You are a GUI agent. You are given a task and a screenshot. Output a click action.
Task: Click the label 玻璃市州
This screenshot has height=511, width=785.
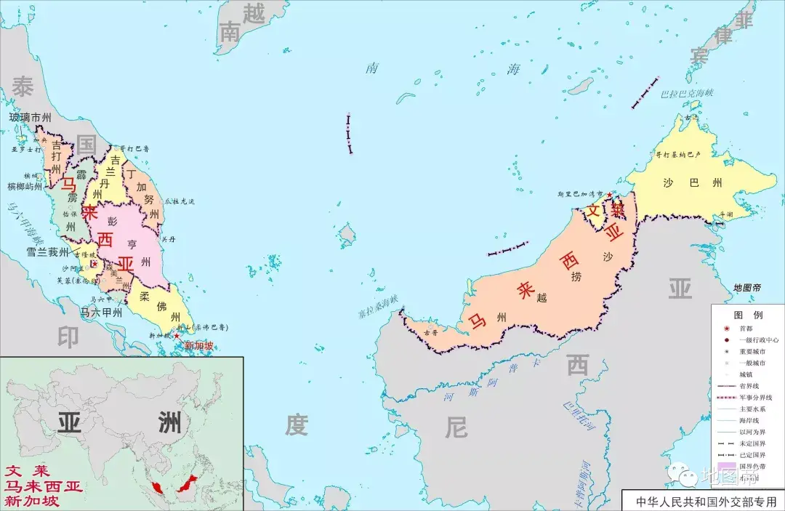point(30,117)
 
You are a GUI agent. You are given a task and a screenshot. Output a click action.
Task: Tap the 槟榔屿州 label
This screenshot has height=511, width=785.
point(25,187)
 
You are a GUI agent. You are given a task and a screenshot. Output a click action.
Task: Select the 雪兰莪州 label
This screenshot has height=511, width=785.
point(48,252)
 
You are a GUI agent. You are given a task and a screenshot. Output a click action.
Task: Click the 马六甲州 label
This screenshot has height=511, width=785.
point(100,313)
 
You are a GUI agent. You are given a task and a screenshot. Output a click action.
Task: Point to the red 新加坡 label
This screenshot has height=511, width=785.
point(198,346)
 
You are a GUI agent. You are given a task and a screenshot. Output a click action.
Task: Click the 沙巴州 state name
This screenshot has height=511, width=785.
point(693,182)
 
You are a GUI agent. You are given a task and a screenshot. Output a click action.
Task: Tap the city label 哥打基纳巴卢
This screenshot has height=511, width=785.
point(677,155)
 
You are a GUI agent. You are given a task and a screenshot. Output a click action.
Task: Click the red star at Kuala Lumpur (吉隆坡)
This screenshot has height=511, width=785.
point(93,264)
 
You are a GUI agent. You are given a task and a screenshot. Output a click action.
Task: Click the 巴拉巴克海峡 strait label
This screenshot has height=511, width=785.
point(687,94)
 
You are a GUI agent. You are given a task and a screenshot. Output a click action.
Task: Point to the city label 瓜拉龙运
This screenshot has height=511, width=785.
point(180,201)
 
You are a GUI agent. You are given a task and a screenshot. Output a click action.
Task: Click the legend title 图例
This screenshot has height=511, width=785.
point(748,315)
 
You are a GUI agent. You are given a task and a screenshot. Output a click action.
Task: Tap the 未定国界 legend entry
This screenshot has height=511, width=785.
point(751,443)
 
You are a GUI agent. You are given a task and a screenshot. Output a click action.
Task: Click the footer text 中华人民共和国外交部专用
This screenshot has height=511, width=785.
point(706,501)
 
